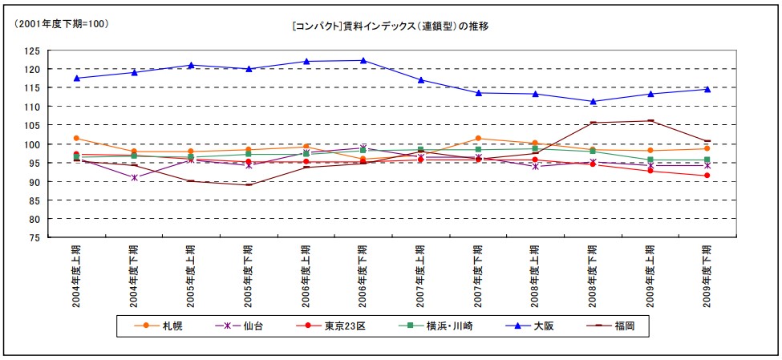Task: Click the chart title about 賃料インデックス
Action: click(391, 26)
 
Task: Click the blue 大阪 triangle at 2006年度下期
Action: click(363, 60)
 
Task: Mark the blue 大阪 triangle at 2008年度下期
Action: click(593, 102)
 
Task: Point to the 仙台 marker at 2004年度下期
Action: click(134, 177)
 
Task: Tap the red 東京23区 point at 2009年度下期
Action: click(707, 176)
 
